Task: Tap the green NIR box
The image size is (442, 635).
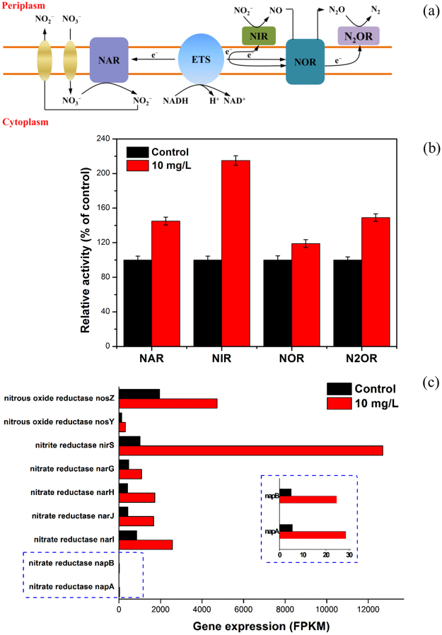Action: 259,34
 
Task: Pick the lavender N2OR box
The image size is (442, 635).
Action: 359,35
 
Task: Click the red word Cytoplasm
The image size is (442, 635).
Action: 25,122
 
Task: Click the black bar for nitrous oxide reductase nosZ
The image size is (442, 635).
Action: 139,394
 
